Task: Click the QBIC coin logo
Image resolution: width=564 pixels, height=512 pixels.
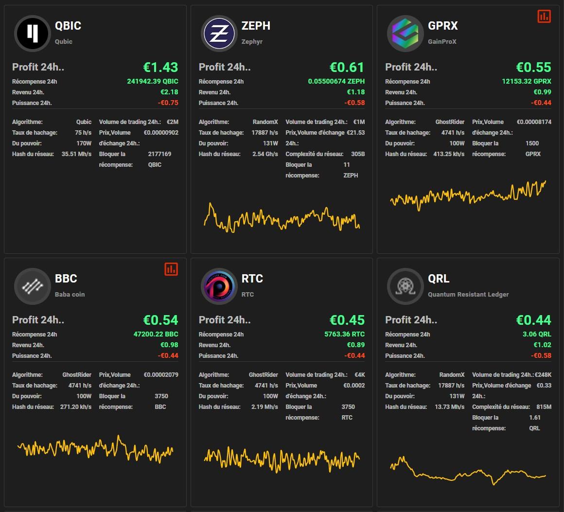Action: click(32, 33)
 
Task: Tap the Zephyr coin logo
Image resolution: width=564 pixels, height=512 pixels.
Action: click(219, 33)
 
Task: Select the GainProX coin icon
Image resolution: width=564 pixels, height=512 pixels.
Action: click(405, 33)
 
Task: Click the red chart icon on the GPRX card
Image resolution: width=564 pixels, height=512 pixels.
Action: click(544, 16)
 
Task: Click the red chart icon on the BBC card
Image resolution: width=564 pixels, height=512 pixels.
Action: click(171, 269)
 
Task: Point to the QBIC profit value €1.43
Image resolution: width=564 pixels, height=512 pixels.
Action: click(160, 67)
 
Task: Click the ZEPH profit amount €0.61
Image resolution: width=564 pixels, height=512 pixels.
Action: click(347, 67)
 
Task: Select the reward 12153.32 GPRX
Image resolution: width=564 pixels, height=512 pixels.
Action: click(527, 81)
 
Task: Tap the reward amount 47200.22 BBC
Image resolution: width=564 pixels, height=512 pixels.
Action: click(156, 334)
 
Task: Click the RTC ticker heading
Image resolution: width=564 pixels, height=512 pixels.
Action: click(252, 279)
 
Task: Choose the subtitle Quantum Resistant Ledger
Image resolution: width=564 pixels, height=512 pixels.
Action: click(468, 294)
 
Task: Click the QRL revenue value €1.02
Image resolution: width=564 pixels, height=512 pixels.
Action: click(543, 345)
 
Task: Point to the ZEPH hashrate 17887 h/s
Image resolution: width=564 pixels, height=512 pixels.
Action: click(264, 133)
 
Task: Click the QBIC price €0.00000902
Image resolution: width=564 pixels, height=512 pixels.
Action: click(161, 133)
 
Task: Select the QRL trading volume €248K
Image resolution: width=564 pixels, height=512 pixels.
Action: click(543, 375)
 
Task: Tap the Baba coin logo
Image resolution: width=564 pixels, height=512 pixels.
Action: click(32, 286)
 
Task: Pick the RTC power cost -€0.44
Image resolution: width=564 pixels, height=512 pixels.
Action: click(354, 355)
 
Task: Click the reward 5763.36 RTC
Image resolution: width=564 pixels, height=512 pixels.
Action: click(344, 334)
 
